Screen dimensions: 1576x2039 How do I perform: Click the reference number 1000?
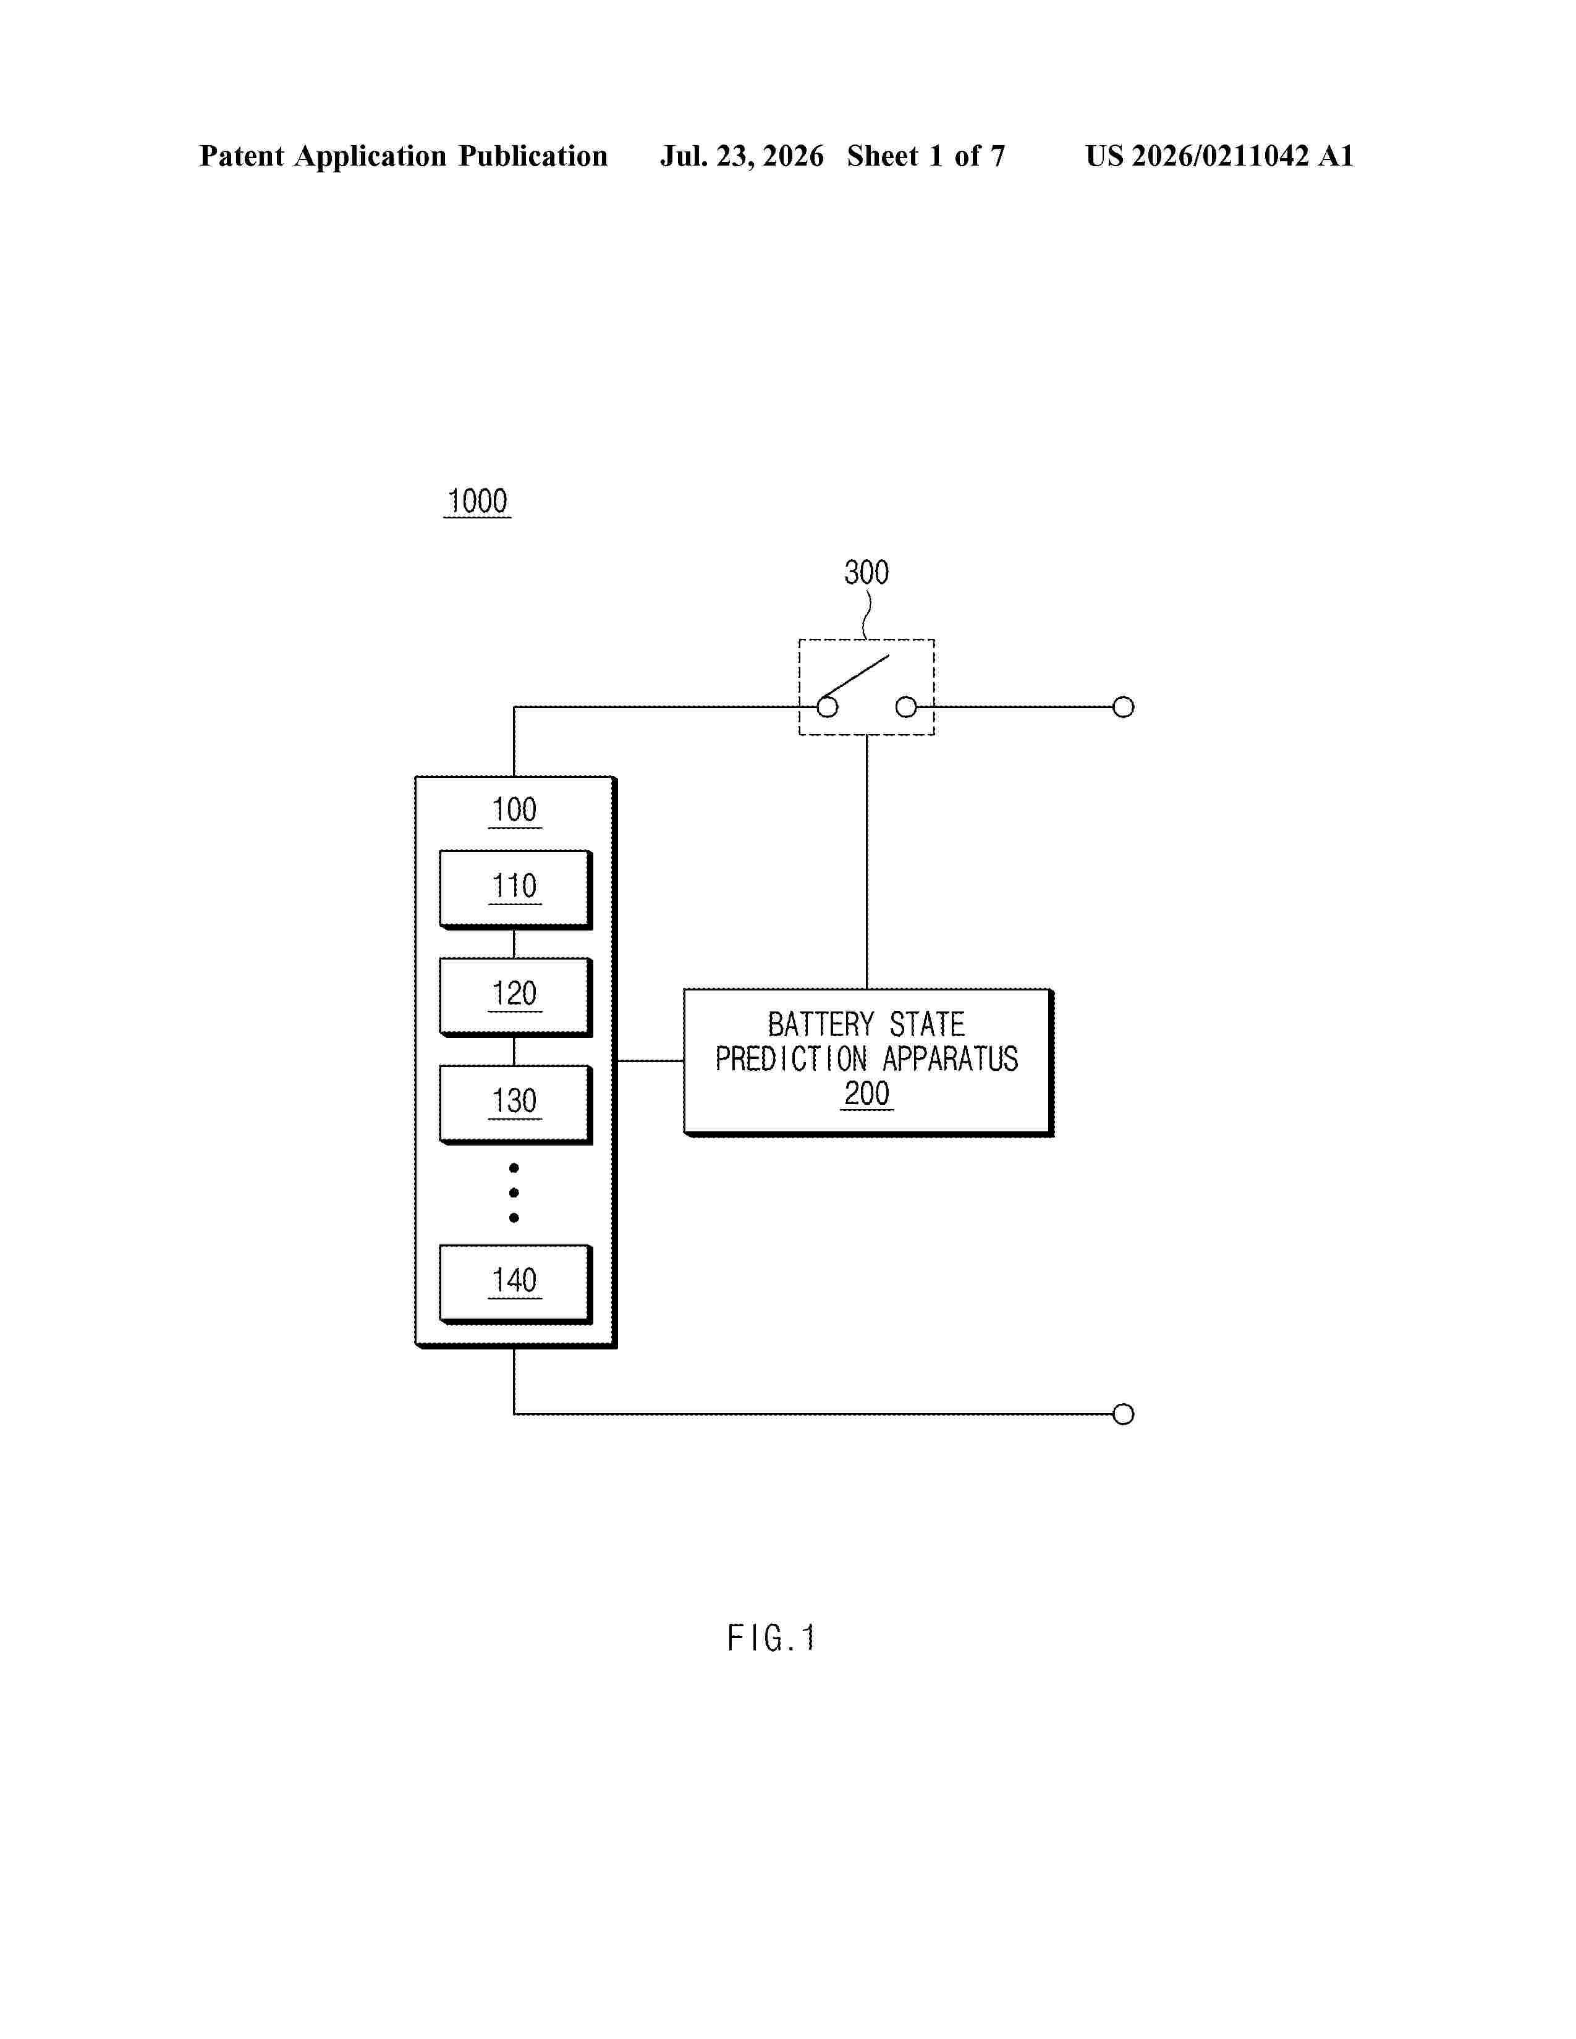477,501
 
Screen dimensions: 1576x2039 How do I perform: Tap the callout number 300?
866,572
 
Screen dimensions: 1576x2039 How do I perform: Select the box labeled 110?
515,889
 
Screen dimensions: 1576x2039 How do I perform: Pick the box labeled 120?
515,996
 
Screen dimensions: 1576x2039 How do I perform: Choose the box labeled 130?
515,1104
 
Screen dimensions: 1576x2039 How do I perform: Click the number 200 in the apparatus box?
866,1093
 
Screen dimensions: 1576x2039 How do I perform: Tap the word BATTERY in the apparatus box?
821,1024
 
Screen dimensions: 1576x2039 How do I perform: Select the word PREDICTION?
792,1058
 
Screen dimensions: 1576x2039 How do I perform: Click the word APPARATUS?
951,1058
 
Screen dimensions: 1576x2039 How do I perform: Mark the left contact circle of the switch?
827,707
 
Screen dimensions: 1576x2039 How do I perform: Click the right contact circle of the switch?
905,707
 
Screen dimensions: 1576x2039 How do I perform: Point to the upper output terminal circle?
1123,707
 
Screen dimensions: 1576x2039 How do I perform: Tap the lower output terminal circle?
1123,1414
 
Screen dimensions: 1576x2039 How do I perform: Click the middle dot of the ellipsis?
514,1193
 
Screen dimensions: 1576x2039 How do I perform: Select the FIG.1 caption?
771,1637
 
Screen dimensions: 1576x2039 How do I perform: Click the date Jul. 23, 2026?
742,156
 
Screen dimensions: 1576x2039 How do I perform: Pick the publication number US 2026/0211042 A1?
1219,156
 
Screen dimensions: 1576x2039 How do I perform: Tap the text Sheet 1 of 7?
926,156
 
